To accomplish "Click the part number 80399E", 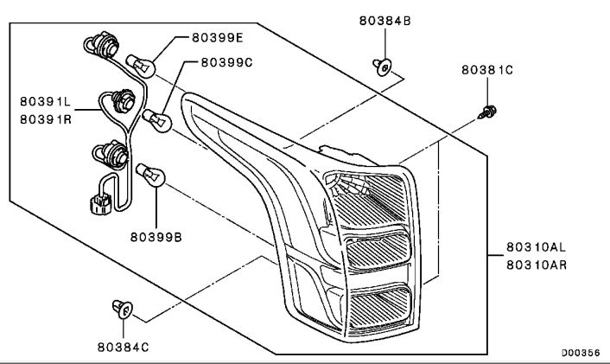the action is pyautogui.click(x=217, y=38).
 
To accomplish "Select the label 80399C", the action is pyautogui.click(x=226, y=62).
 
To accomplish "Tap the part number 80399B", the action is pyautogui.click(x=156, y=237).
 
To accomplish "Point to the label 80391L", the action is pyautogui.click(x=45, y=102).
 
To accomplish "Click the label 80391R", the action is pyautogui.click(x=46, y=119).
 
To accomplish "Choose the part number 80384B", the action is pyautogui.click(x=384, y=21).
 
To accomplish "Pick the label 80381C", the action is pyautogui.click(x=487, y=70).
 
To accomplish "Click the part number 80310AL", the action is pyautogui.click(x=536, y=246).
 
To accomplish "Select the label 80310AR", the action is pyautogui.click(x=537, y=265).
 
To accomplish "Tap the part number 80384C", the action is pyautogui.click(x=123, y=347).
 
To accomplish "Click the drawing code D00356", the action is pyautogui.click(x=581, y=353).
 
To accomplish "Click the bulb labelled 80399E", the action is pyautogui.click(x=141, y=67).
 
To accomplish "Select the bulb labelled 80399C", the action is pyautogui.click(x=156, y=120).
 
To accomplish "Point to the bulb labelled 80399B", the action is pyautogui.click(x=150, y=175).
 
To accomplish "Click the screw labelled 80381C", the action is pyautogui.click(x=486, y=112).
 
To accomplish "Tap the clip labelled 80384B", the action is pyautogui.click(x=383, y=67).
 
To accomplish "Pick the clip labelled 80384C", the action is pyautogui.click(x=123, y=310).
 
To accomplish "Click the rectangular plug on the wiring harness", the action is pyautogui.click(x=100, y=204).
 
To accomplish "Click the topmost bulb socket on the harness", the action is pyautogui.click(x=103, y=46).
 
